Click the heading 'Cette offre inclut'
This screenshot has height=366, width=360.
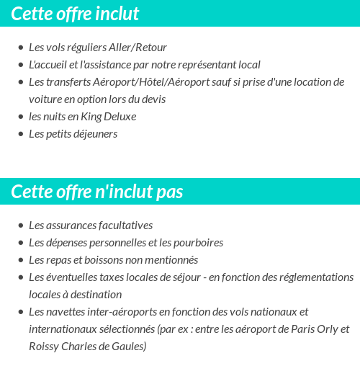[x=75, y=14]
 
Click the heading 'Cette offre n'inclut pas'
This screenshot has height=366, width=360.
[x=97, y=192]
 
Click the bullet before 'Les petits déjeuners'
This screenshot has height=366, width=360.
[x=21, y=135]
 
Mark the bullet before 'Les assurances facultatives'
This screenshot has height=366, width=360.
[x=21, y=226]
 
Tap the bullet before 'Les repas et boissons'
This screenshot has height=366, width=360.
[x=21, y=261]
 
